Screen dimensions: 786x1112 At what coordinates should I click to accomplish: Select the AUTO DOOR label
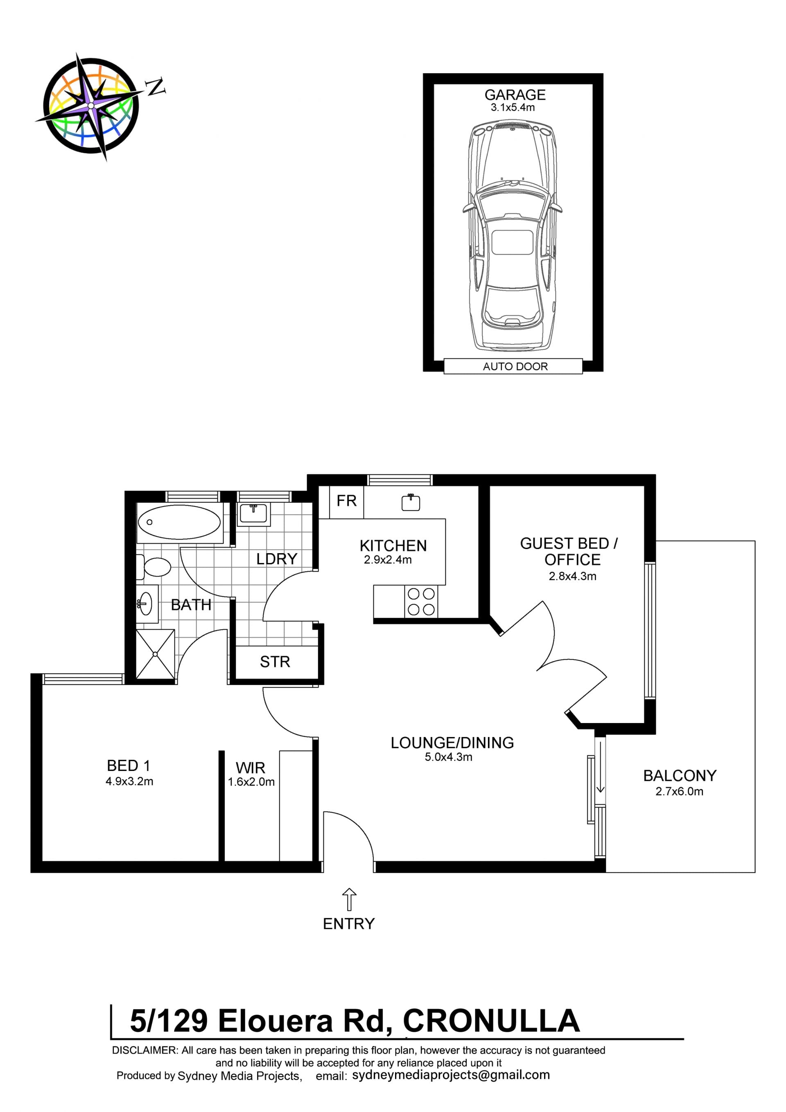coord(515,366)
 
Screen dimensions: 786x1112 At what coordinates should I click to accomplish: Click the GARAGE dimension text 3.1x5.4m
coord(513,108)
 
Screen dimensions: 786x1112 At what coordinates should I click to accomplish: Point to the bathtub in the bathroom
coord(179,522)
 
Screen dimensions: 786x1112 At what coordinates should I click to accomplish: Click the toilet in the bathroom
coord(154,567)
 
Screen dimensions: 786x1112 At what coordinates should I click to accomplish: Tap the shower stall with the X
coord(156,654)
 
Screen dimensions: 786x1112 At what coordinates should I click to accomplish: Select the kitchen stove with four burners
coord(421,601)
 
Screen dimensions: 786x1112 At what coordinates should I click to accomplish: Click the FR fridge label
coord(346,501)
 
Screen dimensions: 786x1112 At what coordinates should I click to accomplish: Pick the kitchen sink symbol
coord(411,503)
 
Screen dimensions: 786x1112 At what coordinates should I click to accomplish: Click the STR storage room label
coord(275,662)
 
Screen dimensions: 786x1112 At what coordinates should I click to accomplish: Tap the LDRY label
coord(276,559)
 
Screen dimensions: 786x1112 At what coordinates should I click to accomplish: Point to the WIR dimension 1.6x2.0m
coord(251,782)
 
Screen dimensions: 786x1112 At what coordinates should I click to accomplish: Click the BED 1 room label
coord(128,766)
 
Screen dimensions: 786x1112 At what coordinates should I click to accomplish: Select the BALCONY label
coord(680,775)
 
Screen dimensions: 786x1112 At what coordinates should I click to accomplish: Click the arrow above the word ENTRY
coord(349,900)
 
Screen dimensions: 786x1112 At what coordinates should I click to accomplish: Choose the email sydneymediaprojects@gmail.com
coord(451,1075)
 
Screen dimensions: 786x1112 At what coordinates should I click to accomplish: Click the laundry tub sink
coord(254,514)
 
